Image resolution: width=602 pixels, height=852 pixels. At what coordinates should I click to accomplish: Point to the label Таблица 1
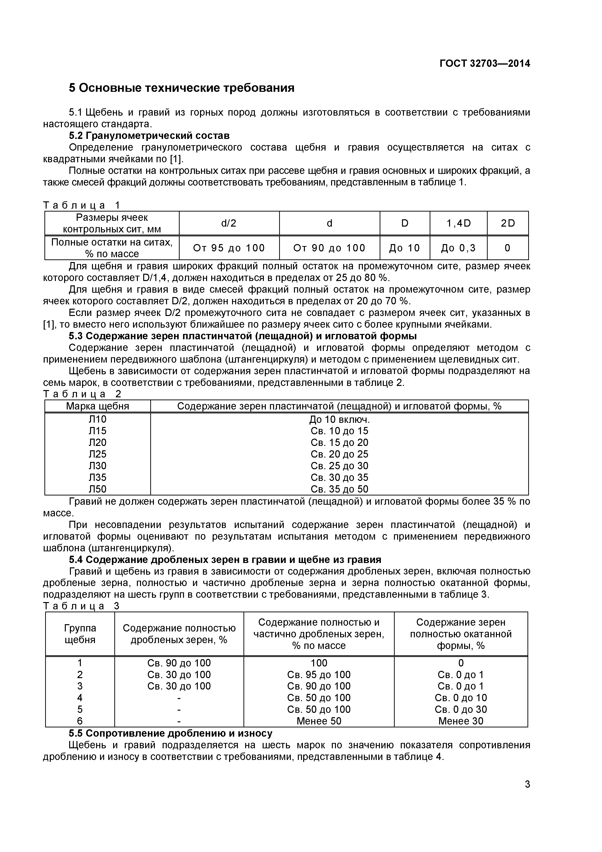pyautogui.click(x=82, y=205)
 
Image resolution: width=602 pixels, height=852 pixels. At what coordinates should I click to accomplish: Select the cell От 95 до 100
pyautogui.click(x=229, y=248)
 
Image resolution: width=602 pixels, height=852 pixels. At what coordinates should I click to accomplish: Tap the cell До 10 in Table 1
pyautogui.click(x=404, y=248)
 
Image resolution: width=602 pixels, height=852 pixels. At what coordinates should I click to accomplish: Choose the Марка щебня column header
pyautogui.click(x=98, y=406)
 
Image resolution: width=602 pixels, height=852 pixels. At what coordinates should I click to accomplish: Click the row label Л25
pyautogui.click(x=98, y=454)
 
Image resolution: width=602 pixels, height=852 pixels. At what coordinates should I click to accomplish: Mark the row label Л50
pyautogui.click(x=98, y=489)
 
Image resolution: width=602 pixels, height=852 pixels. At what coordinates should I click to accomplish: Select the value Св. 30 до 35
pyautogui.click(x=339, y=477)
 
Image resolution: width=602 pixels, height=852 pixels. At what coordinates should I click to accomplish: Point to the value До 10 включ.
pyautogui.click(x=339, y=420)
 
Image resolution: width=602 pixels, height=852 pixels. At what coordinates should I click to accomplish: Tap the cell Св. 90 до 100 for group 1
pyautogui.click(x=179, y=663)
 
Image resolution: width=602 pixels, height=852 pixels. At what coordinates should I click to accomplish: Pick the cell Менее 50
pyautogui.click(x=319, y=721)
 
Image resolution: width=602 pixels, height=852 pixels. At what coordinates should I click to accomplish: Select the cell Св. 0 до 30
pyautogui.click(x=461, y=709)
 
